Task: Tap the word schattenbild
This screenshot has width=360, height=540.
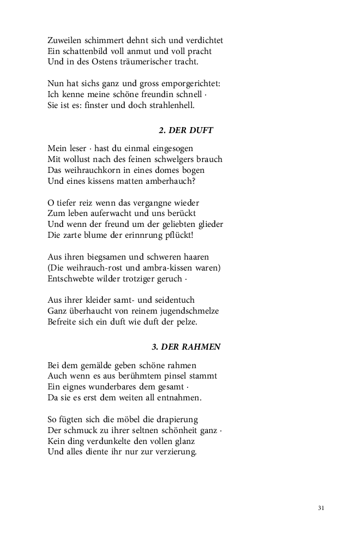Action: tap(81, 51)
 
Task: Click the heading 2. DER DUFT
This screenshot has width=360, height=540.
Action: tap(185, 130)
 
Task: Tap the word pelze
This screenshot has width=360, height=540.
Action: tap(185, 322)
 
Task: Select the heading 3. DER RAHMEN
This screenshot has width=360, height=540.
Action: tap(186, 347)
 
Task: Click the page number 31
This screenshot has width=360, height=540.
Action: tap(321, 508)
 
